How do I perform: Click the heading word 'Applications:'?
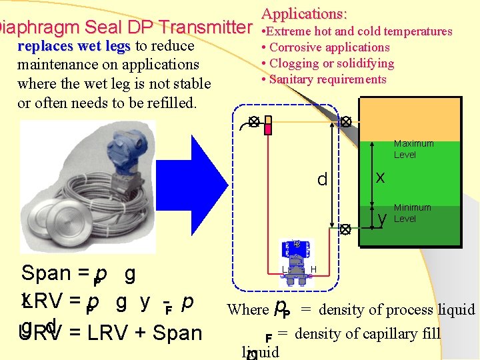304,13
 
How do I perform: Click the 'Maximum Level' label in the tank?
413,149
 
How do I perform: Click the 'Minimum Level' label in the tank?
412,213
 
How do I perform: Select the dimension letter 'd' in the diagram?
322,180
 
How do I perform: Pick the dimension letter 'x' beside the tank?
380,177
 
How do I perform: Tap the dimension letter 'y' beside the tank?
382,218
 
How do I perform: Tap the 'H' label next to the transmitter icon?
313,269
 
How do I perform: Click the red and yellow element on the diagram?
268,125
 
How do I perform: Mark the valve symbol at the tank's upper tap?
346,122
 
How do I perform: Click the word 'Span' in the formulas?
46,273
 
